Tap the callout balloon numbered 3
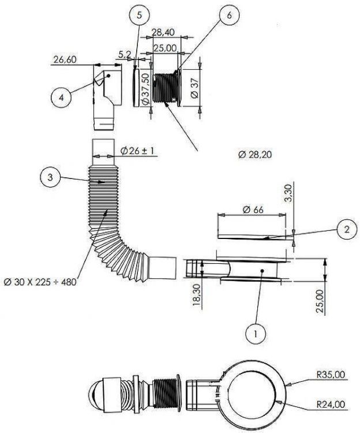pos(51,177)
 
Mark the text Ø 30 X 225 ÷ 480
pos(40,282)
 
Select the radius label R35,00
pos(331,375)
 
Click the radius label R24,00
pos(331,404)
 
